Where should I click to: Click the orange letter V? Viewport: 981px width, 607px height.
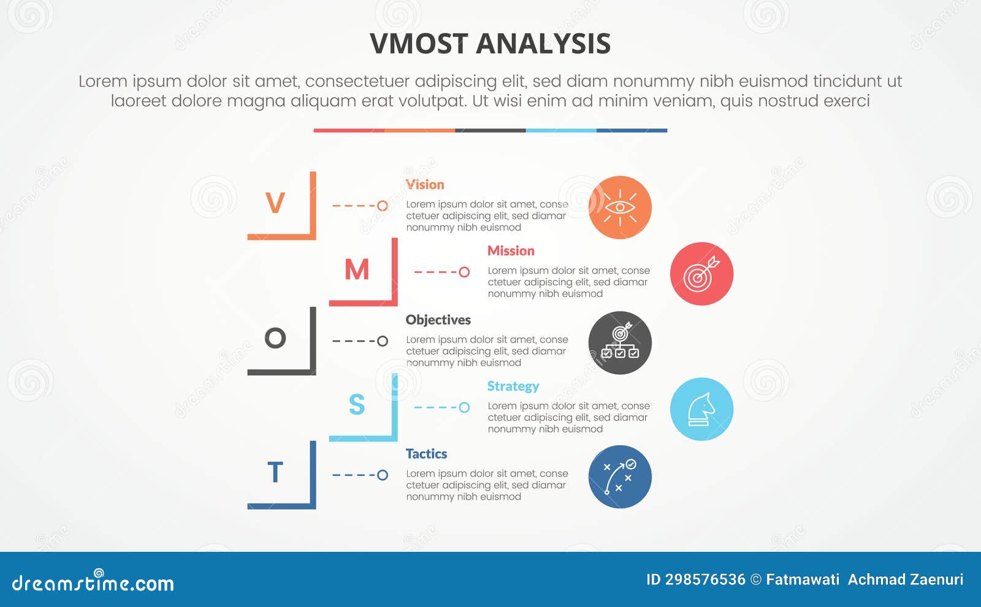[x=275, y=203]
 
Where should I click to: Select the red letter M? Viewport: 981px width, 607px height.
[x=357, y=270]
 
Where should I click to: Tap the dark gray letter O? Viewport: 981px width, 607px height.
[x=275, y=338]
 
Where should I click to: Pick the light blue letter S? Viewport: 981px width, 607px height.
[x=357, y=405]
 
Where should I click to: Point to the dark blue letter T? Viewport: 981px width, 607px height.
[x=275, y=473]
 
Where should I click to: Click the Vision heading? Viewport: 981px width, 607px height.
[x=425, y=185]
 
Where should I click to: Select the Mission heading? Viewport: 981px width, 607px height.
[x=511, y=251]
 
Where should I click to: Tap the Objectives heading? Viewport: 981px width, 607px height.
[x=438, y=320]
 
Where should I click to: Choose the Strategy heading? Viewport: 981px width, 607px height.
[x=513, y=386]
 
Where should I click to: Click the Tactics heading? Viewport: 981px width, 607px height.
[x=426, y=454]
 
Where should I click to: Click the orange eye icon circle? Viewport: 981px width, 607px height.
[x=620, y=207]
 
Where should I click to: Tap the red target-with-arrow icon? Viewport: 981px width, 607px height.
[x=701, y=274]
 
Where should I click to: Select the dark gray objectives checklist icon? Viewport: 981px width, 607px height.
[x=620, y=343]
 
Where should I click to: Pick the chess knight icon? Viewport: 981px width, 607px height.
[x=701, y=409]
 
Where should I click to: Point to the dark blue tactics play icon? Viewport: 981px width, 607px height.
[x=620, y=477]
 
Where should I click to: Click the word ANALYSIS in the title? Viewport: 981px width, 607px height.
[x=543, y=44]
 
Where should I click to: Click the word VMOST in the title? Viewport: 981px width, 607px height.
[x=419, y=44]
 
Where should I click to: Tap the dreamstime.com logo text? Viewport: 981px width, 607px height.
[x=93, y=583]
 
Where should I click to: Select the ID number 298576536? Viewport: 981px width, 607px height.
[x=705, y=579]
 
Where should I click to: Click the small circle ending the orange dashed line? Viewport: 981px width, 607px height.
[x=383, y=206]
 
